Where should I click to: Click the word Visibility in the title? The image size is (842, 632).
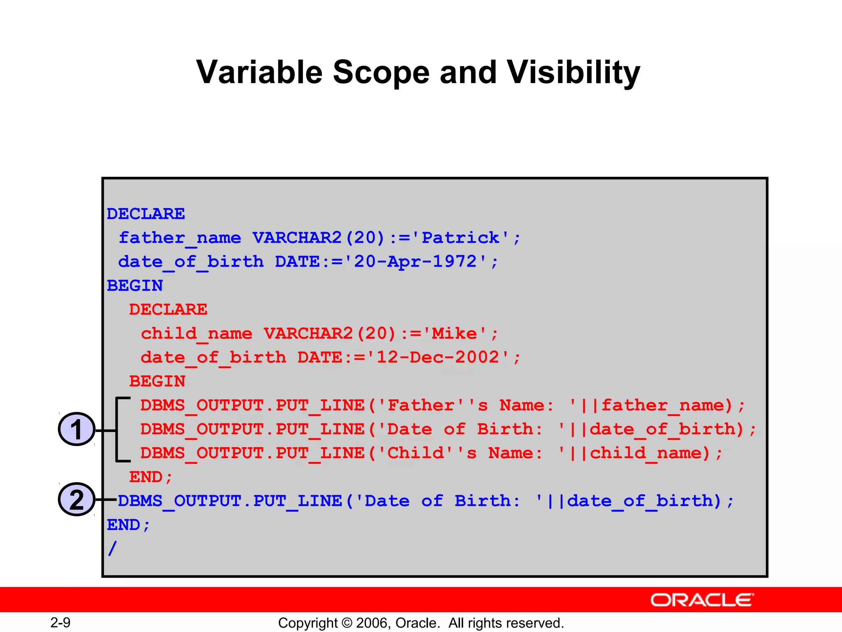[573, 72]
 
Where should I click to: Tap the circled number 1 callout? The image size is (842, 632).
[76, 429]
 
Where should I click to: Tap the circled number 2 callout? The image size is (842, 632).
[76, 500]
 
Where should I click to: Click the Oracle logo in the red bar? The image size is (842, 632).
[702, 600]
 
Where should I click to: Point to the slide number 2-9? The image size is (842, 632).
[60, 622]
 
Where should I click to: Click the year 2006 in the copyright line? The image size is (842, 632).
[372, 623]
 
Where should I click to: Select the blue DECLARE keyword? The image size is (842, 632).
[146, 214]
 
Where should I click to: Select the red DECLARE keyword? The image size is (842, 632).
[168, 309]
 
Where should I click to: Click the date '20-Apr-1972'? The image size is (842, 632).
[415, 262]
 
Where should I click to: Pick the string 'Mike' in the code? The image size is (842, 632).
[454, 333]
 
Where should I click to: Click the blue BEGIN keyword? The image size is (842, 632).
[135, 286]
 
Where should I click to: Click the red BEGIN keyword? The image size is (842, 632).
[157, 381]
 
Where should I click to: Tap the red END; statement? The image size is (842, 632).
[150, 477]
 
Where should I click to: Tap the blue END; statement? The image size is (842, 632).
[128, 525]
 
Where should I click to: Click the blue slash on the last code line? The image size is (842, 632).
[112, 548]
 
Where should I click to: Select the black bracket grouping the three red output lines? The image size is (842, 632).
[117, 430]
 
